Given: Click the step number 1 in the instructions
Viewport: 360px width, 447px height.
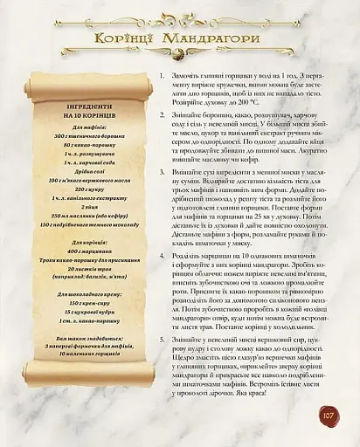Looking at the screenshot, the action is tap(163, 77).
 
